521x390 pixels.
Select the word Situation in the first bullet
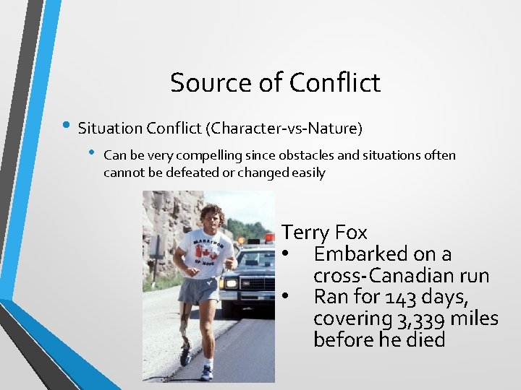[x=110, y=129]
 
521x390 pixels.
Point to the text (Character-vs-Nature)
[x=284, y=129]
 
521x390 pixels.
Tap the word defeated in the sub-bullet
[x=208, y=173]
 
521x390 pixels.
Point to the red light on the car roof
[x=268, y=238]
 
